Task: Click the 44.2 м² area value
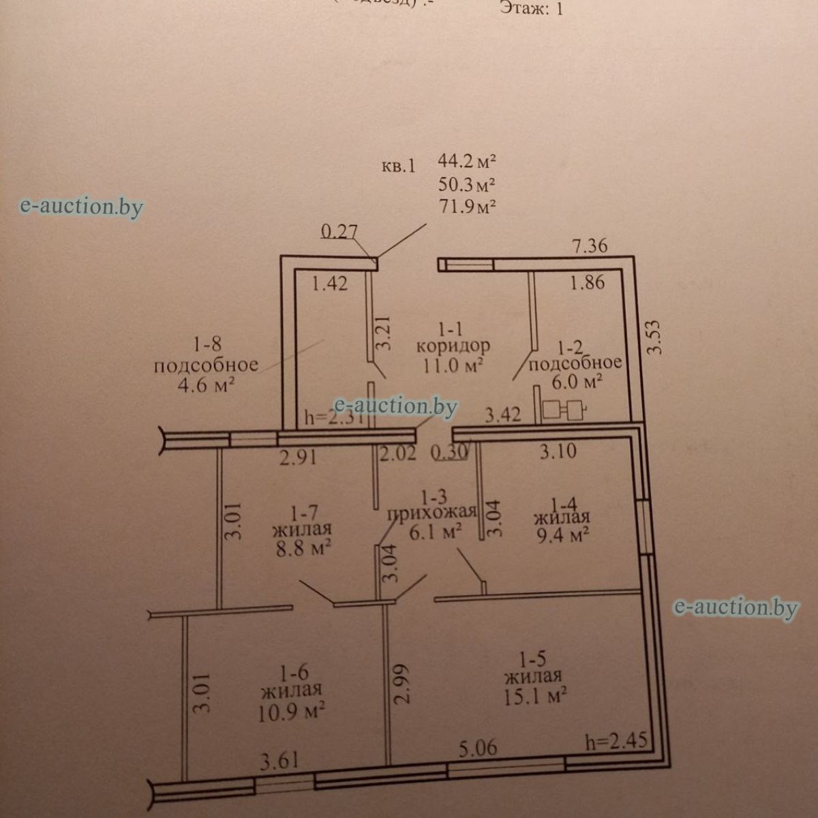click(x=467, y=162)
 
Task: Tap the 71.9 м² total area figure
click(x=467, y=206)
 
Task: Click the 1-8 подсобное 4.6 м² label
click(x=206, y=366)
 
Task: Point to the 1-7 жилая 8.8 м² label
click(x=301, y=529)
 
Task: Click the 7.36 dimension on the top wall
click(x=590, y=246)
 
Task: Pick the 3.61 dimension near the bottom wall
click(x=278, y=759)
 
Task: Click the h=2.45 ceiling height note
click(x=616, y=740)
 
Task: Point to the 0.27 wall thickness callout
click(x=339, y=232)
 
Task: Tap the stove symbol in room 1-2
click(x=563, y=410)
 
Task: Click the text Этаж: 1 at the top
click(x=532, y=8)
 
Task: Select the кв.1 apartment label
click(x=398, y=166)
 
